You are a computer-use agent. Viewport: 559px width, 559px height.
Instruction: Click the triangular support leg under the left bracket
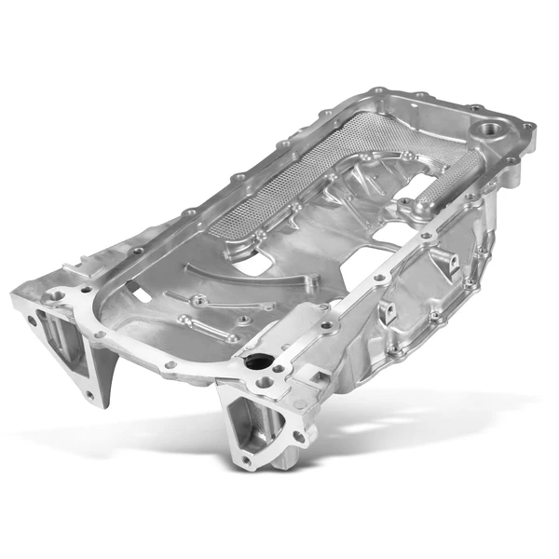tap(111, 369)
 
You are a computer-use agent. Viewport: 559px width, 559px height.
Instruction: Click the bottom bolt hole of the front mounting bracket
tap(245, 459)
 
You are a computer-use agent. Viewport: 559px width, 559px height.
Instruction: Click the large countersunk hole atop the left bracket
tap(59, 295)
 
